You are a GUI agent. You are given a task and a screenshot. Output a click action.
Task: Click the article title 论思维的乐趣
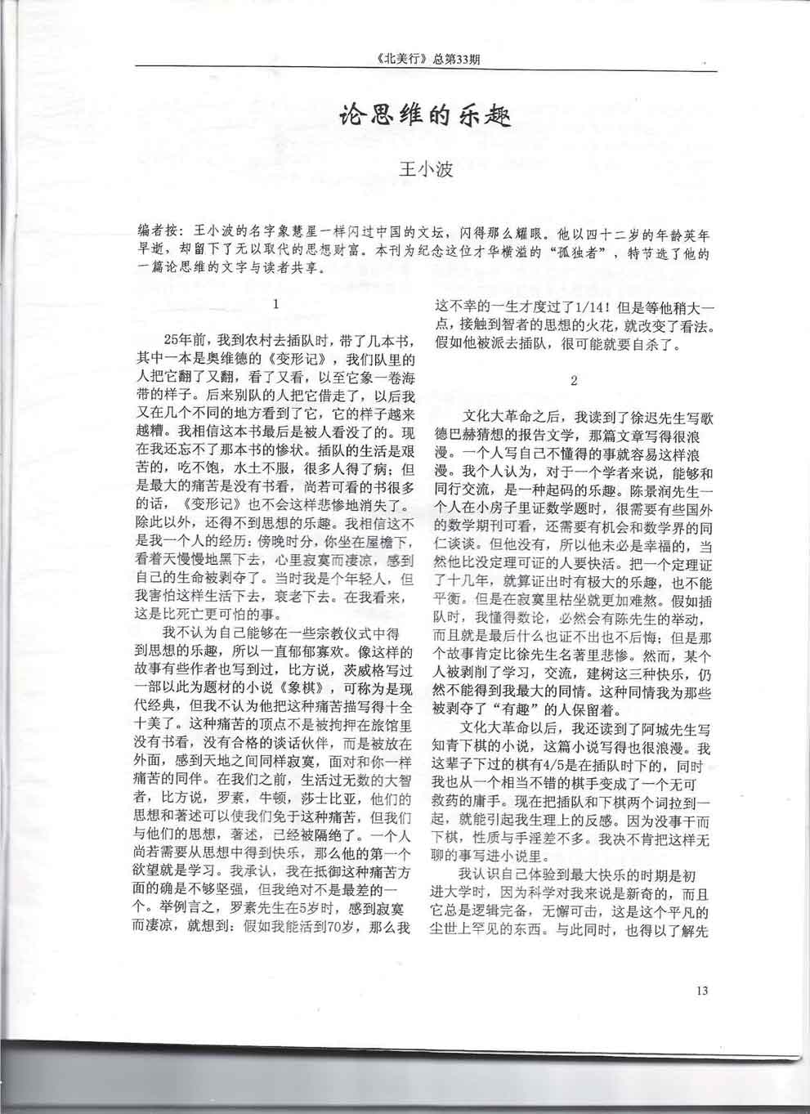click(x=424, y=117)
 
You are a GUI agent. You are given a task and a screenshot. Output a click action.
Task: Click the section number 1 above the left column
click(x=276, y=303)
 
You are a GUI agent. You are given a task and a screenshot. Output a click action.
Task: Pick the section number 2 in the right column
click(x=574, y=380)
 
